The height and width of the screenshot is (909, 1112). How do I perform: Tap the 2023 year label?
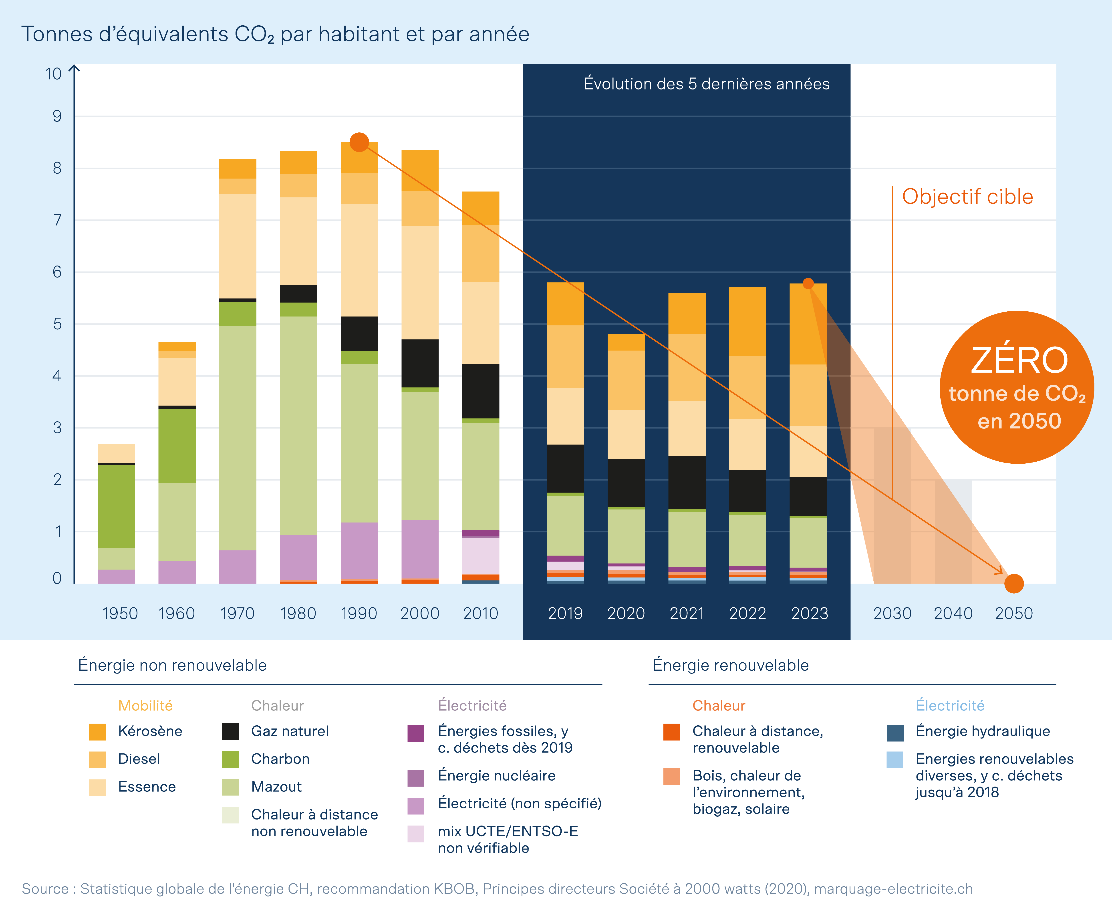[810, 613]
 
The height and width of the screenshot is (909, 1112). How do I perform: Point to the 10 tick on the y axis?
[53, 74]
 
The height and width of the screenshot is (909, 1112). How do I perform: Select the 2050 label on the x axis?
[1014, 613]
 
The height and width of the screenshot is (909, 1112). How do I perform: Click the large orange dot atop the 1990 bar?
[359, 142]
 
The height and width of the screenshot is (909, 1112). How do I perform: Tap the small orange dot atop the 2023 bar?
[808, 283]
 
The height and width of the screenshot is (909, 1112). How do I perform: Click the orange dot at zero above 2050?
[1014, 583]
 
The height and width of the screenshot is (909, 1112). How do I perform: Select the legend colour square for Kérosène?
[97, 731]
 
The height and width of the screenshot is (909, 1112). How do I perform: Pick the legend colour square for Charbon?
[230, 759]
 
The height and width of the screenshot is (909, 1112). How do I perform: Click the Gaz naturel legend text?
[290, 731]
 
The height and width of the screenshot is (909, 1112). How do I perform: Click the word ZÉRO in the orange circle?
[1019, 360]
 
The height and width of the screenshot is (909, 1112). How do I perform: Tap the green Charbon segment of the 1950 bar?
[116, 506]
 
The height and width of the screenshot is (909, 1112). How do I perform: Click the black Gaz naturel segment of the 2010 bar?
[480, 391]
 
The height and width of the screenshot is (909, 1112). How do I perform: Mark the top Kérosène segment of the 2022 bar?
[747, 321]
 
